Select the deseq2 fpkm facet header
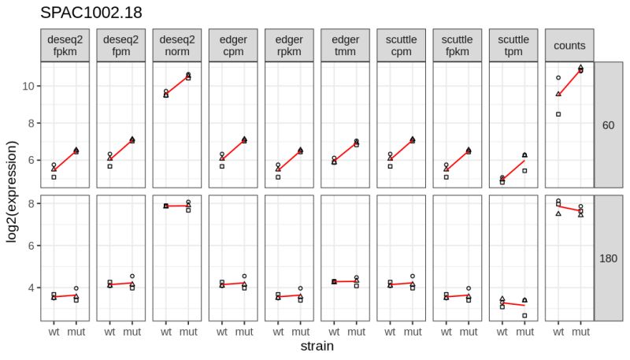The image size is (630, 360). coord(65,46)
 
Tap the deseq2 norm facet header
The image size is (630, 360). coord(176,46)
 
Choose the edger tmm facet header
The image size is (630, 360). coord(345,46)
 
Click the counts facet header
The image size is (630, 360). coord(569,46)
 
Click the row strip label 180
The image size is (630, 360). coord(608,258)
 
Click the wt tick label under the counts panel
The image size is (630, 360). coord(558,332)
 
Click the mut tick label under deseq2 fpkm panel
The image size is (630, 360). coord(76,332)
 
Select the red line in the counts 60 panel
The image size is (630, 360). coord(569,82)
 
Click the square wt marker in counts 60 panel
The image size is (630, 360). coord(558,114)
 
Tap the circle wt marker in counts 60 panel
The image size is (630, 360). coord(558,78)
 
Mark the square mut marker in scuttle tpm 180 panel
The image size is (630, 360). coord(524,316)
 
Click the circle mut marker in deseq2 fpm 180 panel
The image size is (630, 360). coord(132,276)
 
